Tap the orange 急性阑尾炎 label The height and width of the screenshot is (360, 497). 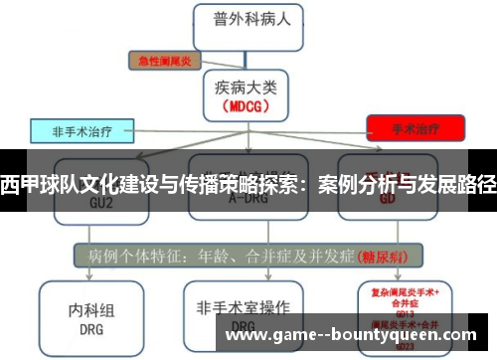point(165,60)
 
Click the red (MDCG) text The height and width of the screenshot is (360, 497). point(244,105)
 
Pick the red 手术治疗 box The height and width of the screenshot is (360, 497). point(414,128)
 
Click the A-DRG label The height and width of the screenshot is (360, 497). point(244,198)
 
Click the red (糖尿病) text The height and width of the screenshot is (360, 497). point(381,254)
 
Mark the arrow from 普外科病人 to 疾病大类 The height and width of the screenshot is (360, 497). point(243,57)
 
